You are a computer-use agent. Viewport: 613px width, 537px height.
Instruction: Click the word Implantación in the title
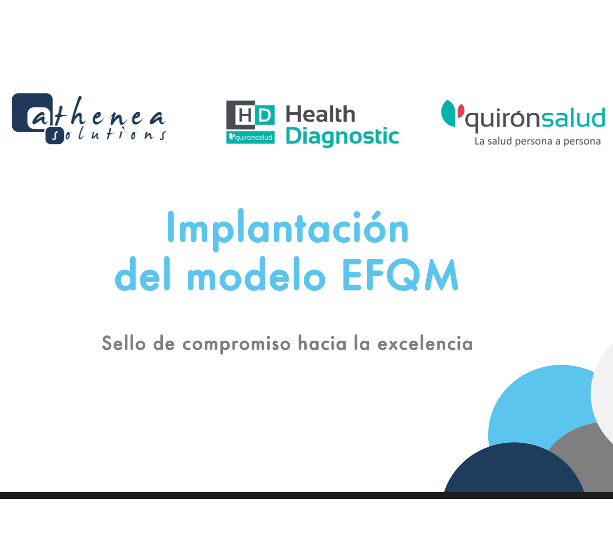(288, 230)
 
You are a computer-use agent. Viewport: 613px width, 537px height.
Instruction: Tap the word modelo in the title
(257, 274)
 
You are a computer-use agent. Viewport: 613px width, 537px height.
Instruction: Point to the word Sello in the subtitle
(124, 343)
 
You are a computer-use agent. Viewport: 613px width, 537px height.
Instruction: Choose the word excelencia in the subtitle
(425, 343)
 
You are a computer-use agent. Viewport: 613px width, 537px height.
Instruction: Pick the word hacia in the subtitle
(322, 343)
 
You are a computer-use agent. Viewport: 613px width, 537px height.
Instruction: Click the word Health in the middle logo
(320, 114)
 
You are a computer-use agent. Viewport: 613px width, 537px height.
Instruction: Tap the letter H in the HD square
(245, 115)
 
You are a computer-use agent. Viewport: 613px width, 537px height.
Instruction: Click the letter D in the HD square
(264, 115)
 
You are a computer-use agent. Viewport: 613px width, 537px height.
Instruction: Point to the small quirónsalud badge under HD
(251, 137)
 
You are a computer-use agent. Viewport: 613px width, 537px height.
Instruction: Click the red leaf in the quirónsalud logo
(461, 111)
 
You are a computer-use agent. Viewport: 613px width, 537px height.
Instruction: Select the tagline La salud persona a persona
(537, 142)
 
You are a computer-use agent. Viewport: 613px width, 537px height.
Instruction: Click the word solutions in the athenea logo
(108, 134)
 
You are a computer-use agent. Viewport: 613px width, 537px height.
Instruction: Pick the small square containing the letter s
(55, 136)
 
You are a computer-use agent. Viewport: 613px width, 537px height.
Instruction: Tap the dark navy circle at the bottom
(514, 471)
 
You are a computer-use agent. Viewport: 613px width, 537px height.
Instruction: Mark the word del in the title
(142, 274)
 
